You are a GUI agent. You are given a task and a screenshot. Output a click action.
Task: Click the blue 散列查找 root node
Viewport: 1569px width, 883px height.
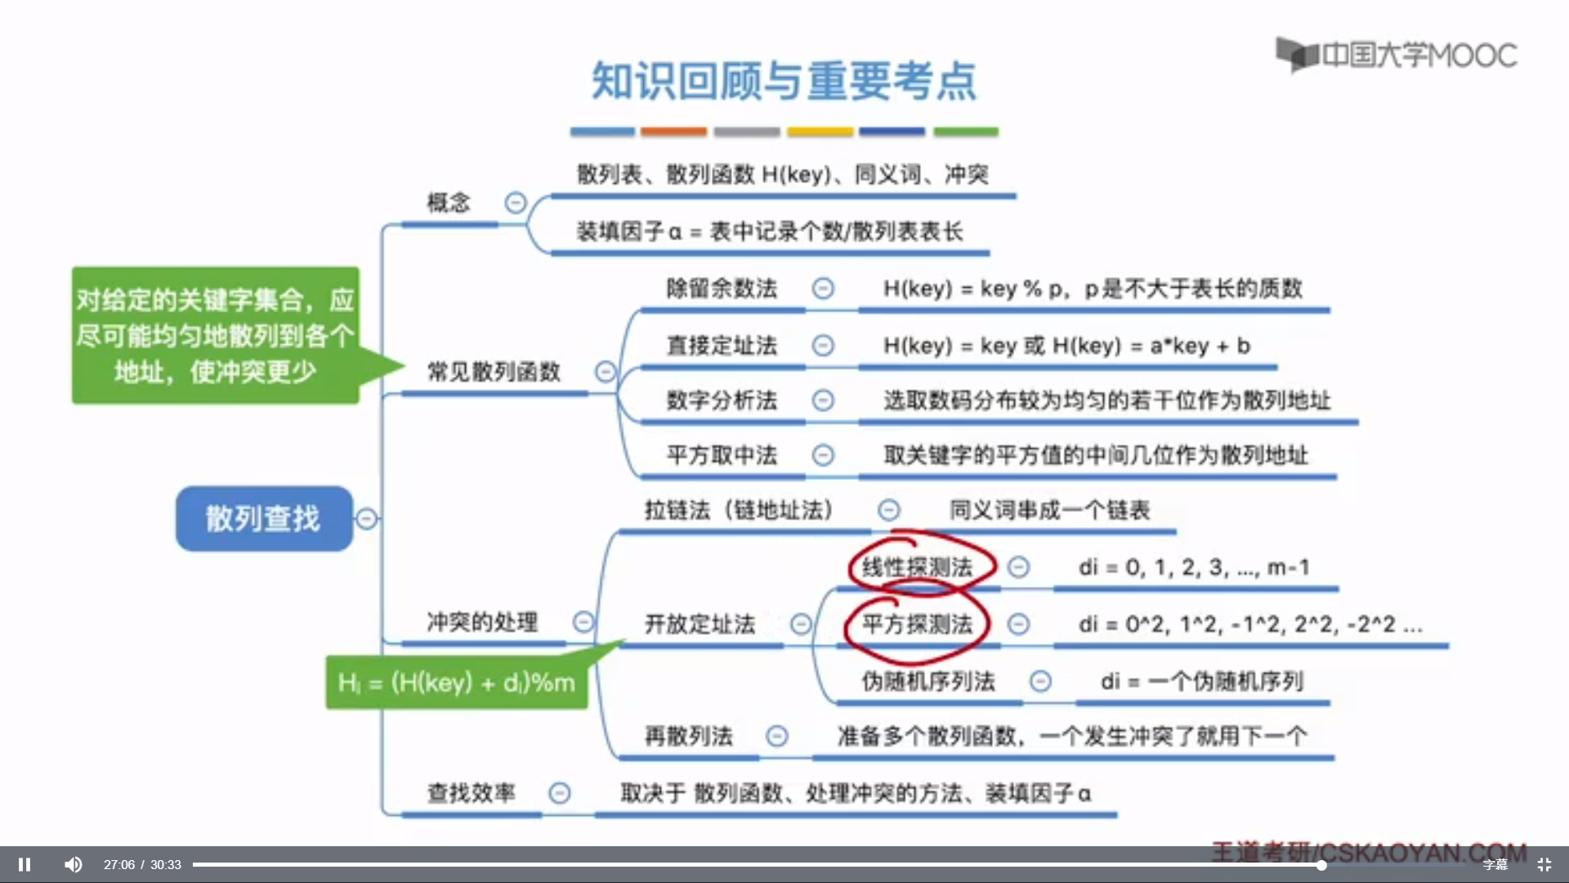point(263,518)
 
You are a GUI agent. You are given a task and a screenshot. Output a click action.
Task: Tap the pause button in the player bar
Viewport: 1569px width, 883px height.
point(25,864)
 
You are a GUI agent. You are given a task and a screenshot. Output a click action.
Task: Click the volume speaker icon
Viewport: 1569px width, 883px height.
point(74,864)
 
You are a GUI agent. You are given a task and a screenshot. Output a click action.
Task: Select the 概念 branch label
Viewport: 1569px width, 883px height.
point(449,202)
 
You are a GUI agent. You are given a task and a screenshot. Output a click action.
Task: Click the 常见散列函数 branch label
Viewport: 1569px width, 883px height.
point(494,372)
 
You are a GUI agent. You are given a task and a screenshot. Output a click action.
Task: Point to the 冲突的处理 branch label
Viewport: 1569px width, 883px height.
point(482,622)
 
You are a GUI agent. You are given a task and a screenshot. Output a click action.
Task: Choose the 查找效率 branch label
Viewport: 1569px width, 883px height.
point(471,792)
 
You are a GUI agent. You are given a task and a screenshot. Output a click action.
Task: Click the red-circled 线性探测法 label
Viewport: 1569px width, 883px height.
point(917,567)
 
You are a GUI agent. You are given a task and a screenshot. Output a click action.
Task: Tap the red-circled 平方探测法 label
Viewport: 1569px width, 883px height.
point(917,625)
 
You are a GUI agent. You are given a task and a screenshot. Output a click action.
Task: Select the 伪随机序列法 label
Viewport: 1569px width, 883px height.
point(928,681)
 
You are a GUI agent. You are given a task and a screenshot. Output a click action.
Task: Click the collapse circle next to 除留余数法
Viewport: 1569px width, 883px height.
point(823,289)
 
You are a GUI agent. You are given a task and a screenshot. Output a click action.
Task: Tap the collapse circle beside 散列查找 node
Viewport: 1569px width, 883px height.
point(367,518)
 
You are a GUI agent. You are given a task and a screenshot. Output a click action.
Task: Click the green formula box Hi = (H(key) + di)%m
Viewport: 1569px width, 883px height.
point(456,682)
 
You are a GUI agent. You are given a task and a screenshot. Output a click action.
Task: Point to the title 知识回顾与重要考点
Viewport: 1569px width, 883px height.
point(784,81)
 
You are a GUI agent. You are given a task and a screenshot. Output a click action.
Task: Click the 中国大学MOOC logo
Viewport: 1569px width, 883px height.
point(1397,55)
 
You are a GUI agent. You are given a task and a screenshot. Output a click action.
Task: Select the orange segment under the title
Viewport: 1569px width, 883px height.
point(673,132)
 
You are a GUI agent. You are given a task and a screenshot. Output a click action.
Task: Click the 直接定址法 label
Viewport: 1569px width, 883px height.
point(722,346)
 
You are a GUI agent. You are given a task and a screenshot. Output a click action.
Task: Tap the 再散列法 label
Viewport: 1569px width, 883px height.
point(688,736)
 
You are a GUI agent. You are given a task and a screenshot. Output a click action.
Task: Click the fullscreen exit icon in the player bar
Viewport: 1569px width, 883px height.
point(1544,864)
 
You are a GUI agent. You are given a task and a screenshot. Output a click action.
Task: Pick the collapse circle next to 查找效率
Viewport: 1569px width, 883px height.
point(560,792)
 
